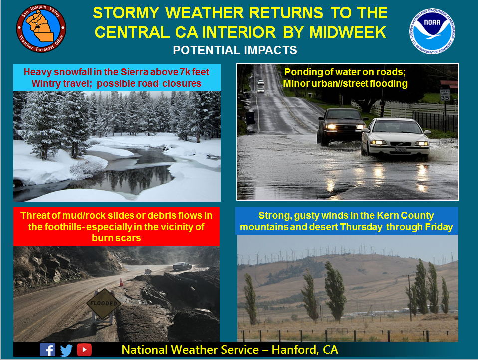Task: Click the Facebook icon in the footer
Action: pyautogui.click(x=47, y=350)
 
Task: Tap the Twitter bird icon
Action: pyautogui.click(x=66, y=350)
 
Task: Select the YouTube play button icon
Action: pyautogui.click(x=84, y=350)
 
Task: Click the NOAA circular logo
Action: pyautogui.click(x=432, y=31)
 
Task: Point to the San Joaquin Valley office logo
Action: pyautogui.click(x=41, y=28)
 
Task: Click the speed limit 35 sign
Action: pyautogui.click(x=445, y=95)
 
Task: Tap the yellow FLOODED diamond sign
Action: pyautogui.click(x=104, y=303)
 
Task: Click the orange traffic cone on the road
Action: pyautogui.click(x=121, y=282)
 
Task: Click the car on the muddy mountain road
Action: pyautogui.click(x=182, y=266)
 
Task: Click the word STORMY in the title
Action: pyautogui.click(x=126, y=13)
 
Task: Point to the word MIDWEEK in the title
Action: pyautogui.click(x=348, y=32)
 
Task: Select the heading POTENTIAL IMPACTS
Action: pyautogui.click(x=235, y=50)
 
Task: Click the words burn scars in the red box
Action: pyautogui.click(x=116, y=238)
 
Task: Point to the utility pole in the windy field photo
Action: pyautogui.click(x=410, y=297)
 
